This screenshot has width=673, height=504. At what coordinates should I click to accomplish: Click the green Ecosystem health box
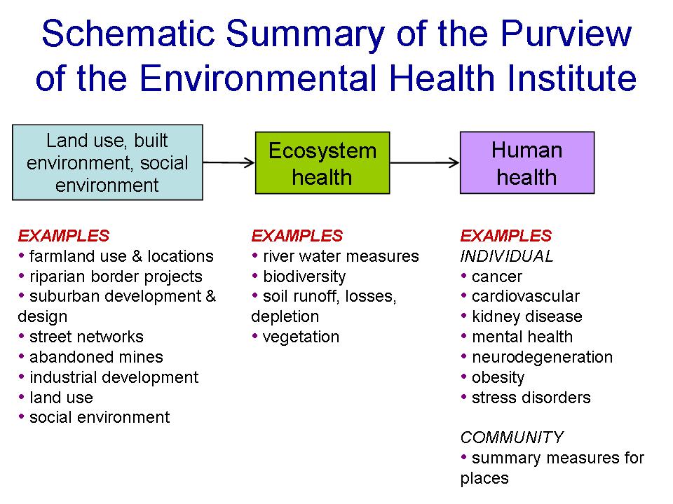click(x=322, y=163)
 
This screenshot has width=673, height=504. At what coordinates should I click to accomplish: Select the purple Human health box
click(x=527, y=163)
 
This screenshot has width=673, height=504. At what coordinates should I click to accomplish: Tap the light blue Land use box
click(x=107, y=162)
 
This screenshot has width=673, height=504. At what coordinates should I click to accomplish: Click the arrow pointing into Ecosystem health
click(x=229, y=162)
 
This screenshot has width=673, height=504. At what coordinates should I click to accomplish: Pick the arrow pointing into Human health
click(x=425, y=162)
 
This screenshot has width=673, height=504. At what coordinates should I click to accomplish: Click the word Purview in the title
click(x=566, y=34)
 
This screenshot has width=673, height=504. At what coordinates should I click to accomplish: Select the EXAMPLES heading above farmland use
click(x=64, y=236)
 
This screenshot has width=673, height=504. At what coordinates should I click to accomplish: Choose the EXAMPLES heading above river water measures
click(x=297, y=236)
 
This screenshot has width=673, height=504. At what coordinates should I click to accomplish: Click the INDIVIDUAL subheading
click(x=507, y=256)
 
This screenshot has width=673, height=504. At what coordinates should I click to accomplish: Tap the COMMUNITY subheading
click(x=512, y=437)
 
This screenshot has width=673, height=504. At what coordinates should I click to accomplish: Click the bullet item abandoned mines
click(x=90, y=357)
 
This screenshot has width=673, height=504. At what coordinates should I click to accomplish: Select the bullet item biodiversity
click(x=299, y=277)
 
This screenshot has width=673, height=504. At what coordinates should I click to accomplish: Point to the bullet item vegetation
click(x=296, y=337)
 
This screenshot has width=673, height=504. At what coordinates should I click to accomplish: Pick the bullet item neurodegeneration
click(x=537, y=358)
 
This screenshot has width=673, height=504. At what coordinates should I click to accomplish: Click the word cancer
click(x=497, y=277)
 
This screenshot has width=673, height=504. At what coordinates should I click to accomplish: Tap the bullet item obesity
click(x=493, y=378)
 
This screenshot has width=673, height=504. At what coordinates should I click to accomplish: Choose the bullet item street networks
click(x=81, y=337)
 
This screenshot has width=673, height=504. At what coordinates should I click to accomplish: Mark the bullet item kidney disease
click(x=522, y=316)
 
